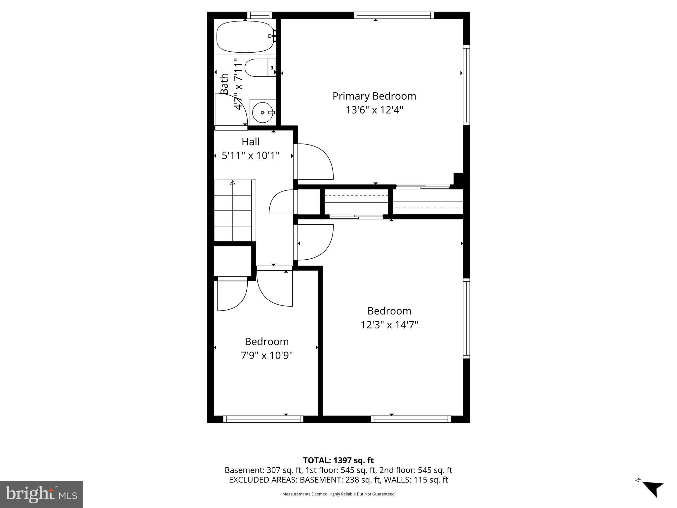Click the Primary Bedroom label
[x=374, y=96]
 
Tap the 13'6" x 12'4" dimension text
[x=374, y=110]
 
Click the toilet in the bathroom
[x=260, y=68]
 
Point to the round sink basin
[x=263, y=112]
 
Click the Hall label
[x=251, y=142]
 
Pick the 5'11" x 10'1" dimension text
[x=251, y=155]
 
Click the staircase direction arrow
[x=233, y=183]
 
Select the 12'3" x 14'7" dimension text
[x=389, y=325]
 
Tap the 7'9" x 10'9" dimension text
[x=267, y=356]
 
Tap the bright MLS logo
[x=41, y=494]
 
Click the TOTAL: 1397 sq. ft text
[x=338, y=460]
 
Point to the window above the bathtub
[x=259, y=15]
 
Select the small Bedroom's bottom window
[x=263, y=419]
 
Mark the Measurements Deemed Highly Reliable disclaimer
[x=338, y=494]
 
